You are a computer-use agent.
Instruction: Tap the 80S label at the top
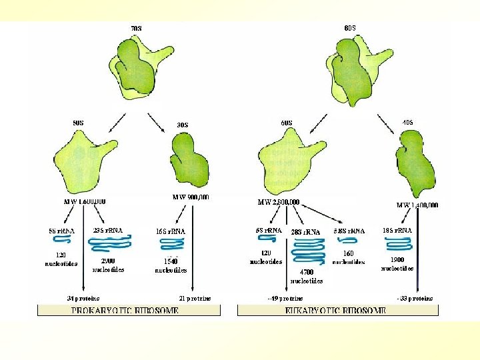tap(350, 27)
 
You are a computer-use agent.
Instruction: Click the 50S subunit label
tap(78, 122)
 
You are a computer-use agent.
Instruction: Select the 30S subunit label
tap(182, 125)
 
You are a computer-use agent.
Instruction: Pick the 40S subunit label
tap(407, 122)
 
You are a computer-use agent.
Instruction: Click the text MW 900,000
tap(191, 197)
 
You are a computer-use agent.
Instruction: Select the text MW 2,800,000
tap(278, 202)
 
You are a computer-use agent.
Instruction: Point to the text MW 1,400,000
tap(417, 205)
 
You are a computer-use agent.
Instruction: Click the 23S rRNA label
tap(107, 230)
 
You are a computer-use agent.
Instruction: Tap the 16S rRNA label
tap(171, 231)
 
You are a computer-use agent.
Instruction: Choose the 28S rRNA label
tap(306, 232)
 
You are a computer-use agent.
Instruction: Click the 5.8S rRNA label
tap(349, 230)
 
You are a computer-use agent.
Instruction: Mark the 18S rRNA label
tap(397, 230)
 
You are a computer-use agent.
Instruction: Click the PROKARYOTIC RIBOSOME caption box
tap(125, 311)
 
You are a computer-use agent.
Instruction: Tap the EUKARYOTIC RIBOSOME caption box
tap(338, 311)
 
